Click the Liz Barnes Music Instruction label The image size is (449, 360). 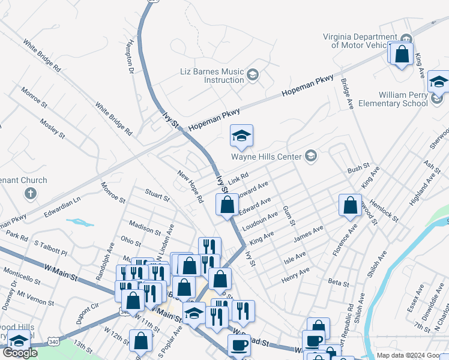212,76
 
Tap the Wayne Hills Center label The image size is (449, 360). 267,157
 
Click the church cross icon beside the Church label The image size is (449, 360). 30,193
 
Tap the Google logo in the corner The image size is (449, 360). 20,353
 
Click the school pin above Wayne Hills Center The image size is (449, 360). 241,137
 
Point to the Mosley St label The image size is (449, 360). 52,128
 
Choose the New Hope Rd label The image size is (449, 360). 191,185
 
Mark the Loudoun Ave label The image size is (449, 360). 260,222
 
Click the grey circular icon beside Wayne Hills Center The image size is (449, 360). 310,157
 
